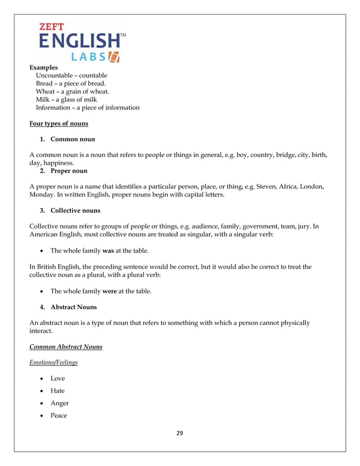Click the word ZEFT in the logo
[x=51, y=26]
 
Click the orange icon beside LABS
[x=114, y=56]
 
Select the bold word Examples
[x=43, y=67]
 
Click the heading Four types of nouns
[x=59, y=124]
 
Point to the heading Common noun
[x=73, y=139]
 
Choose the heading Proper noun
[x=69, y=170]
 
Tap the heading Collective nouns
[x=76, y=210]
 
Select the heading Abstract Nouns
[x=73, y=307]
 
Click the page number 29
[x=180, y=433]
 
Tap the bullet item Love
[x=58, y=378]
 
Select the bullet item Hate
[x=58, y=390]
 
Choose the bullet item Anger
[x=60, y=403]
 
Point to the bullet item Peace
[x=59, y=415]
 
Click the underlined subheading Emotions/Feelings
[x=54, y=362]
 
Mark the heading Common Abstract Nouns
[x=66, y=346]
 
